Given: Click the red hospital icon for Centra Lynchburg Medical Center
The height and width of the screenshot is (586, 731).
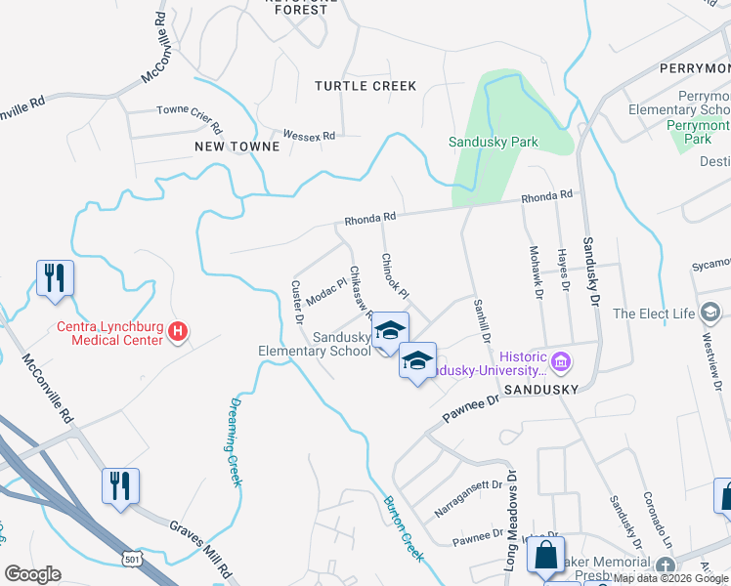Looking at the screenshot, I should click(178, 333).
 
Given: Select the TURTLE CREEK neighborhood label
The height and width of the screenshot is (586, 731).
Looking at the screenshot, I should click(365, 86).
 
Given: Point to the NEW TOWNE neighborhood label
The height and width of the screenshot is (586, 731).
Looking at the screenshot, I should click(237, 146).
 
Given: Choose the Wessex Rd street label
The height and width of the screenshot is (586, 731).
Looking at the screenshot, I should click(309, 135).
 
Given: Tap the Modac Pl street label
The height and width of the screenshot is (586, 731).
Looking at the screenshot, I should click(326, 289).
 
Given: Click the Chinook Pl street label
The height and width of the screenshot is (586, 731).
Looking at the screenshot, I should click(395, 276).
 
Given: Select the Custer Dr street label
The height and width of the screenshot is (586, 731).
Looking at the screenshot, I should click(297, 303).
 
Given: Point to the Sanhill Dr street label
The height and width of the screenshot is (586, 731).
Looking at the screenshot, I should click(480, 319).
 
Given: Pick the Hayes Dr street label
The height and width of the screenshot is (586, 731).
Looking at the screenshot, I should click(563, 271).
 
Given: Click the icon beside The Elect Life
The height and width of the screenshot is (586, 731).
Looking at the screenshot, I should click(710, 314).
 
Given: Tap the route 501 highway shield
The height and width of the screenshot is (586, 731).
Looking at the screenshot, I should click(130, 557).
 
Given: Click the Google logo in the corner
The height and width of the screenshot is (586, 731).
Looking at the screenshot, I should click(32, 574).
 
